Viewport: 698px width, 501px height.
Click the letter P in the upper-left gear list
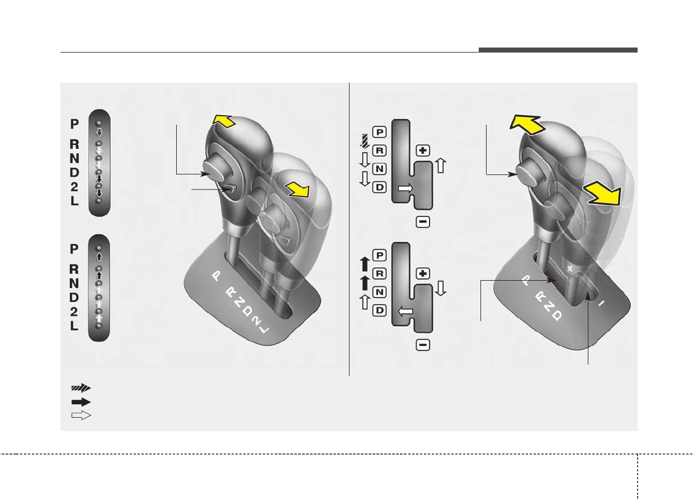click(x=74, y=124)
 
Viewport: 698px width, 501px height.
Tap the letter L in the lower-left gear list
click(x=74, y=326)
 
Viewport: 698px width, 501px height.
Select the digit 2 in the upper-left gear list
click(x=74, y=187)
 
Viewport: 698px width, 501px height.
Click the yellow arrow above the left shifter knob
click(x=224, y=121)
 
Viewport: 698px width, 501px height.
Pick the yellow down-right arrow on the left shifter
click(x=298, y=190)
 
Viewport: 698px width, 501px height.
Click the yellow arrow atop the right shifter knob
click(x=527, y=124)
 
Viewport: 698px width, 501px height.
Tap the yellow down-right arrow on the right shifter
click(x=602, y=193)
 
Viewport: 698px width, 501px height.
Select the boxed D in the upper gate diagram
click(x=380, y=187)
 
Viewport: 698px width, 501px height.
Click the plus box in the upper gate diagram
click(x=423, y=150)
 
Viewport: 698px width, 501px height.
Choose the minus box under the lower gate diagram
click(x=423, y=345)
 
